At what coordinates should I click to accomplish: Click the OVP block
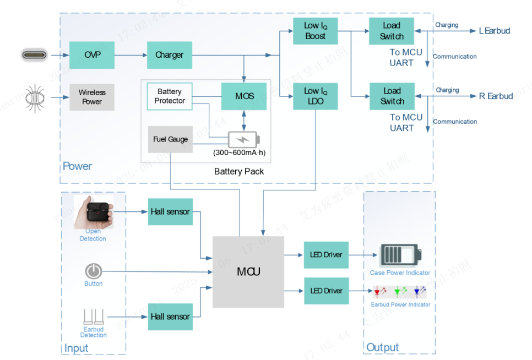pyautogui.click(x=92, y=55)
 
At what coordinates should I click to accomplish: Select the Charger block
pyautogui.click(x=170, y=55)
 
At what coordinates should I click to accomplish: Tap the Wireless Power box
pyautogui.click(x=92, y=97)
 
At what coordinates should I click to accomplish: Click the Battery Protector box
pyautogui.click(x=170, y=96)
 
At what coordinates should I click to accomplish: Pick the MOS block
pyautogui.click(x=244, y=96)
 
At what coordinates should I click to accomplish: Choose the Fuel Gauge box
pyautogui.click(x=170, y=139)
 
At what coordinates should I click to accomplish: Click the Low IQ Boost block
pyautogui.click(x=315, y=31)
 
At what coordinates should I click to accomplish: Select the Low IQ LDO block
pyautogui.click(x=315, y=96)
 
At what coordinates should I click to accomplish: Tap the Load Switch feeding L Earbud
pyautogui.click(x=392, y=31)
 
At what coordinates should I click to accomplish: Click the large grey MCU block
pyautogui.click(x=248, y=272)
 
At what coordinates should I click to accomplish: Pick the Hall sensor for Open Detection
pyautogui.click(x=171, y=212)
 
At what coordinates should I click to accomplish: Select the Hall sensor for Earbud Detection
pyautogui.click(x=171, y=317)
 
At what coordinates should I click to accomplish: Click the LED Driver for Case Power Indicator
pyautogui.click(x=326, y=255)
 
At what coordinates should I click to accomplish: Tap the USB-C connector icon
pyautogui.click(x=34, y=55)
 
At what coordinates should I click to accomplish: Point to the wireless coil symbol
pyautogui.click(x=34, y=98)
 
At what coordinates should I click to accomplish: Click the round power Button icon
pyautogui.click(x=93, y=271)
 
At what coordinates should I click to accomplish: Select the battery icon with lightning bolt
pyautogui.click(x=244, y=139)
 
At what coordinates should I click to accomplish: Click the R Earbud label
pyautogui.click(x=496, y=96)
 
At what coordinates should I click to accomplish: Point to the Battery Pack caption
pyautogui.click(x=239, y=172)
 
